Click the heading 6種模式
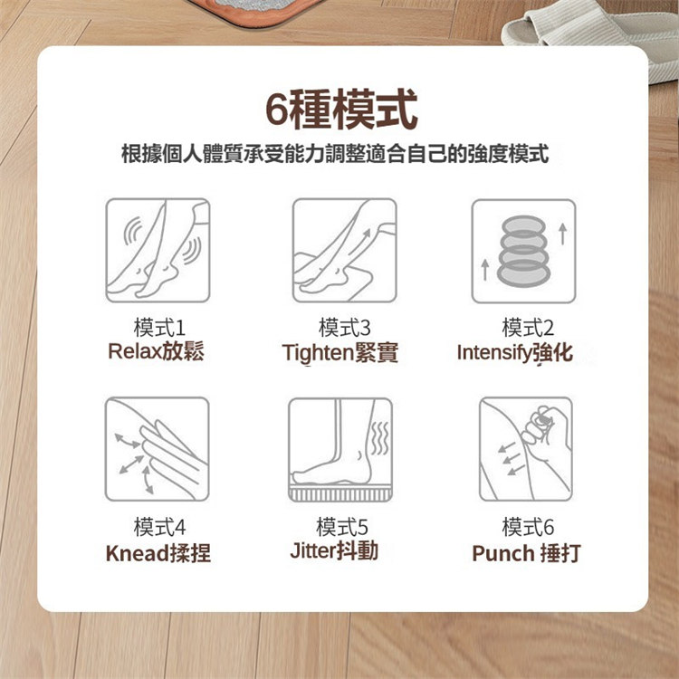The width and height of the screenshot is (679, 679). pyautogui.click(x=341, y=110)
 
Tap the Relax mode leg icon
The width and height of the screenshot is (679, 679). pyautogui.click(x=158, y=251)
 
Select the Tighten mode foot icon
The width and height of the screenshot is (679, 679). pyautogui.click(x=344, y=251)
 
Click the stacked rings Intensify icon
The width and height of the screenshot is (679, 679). pyautogui.click(x=523, y=251)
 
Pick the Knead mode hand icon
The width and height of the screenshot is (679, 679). pyautogui.click(x=158, y=449)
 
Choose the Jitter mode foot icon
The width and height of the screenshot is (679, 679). pyautogui.click(x=340, y=450)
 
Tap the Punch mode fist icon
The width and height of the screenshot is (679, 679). pyautogui.click(x=526, y=449)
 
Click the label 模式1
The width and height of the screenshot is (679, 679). pyautogui.click(x=159, y=328)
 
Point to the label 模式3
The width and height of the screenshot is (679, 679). pyautogui.click(x=345, y=328)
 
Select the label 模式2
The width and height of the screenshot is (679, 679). pyautogui.click(x=528, y=328)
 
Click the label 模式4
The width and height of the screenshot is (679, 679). pyautogui.click(x=159, y=527)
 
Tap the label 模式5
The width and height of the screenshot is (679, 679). pyautogui.click(x=342, y=527)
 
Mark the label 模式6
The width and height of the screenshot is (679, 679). pyautogui.click(x=528, y=527)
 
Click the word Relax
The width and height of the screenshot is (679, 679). pyautogui.click(x=135, y=351)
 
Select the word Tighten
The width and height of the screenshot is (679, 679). pyautogui.click(x=318, y=352)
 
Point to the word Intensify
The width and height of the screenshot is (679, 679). pyautogui.click(x=494, y=352)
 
